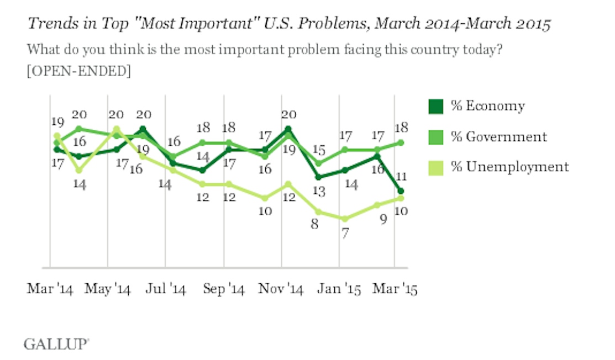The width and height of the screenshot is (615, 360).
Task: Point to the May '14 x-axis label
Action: (x=108, y=289)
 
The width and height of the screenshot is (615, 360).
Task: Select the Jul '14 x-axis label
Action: (x=166, y=289)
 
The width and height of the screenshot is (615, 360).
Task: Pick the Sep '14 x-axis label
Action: (x=224, y=289)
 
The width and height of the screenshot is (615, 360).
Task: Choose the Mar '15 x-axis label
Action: (x=394, y=289)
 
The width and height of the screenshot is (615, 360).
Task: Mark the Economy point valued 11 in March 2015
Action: (x=401, y=191)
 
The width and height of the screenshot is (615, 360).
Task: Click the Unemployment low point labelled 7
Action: (x=345, y=219)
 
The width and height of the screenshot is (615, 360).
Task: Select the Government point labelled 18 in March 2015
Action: (x=401, y=142)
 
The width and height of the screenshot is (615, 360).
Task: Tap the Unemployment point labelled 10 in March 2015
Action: (x=401, y=198)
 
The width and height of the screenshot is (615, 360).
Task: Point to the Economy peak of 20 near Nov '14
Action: (x=288, y=129)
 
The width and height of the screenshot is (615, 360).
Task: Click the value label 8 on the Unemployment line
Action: (x=314, y=225)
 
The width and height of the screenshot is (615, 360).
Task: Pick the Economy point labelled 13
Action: (x=319, y=177)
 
